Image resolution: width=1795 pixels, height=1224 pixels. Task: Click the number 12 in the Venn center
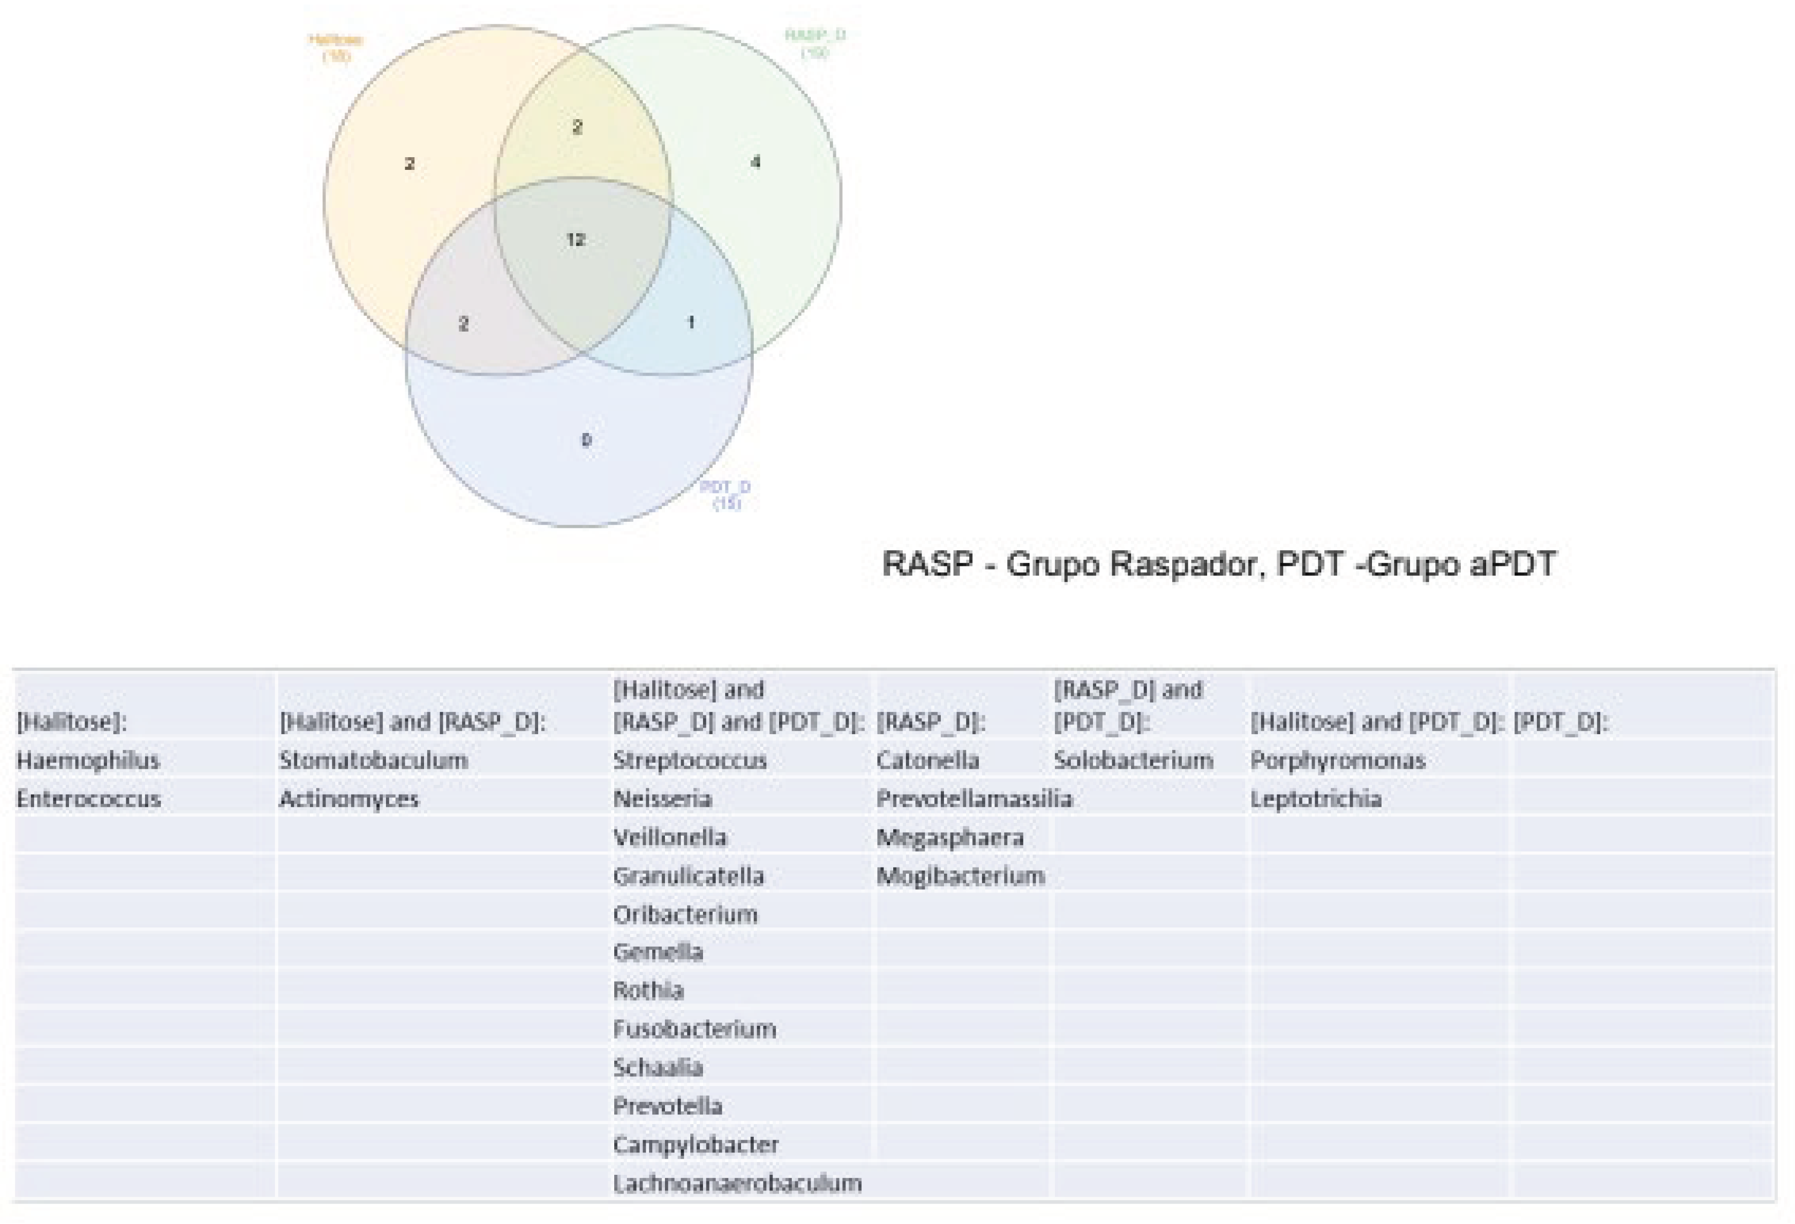tap(575, 240)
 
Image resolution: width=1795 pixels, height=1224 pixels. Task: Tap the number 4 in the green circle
tap(755, 162)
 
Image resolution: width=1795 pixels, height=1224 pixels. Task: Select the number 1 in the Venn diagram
tap(690, 322)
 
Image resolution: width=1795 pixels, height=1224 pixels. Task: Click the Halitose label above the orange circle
tap(336, 46)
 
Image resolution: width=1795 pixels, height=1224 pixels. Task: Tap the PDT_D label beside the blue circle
tap(724, 495)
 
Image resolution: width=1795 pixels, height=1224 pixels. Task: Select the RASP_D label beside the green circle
tap(815, 43)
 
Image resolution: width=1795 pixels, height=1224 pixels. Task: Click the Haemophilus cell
tap(88, 761)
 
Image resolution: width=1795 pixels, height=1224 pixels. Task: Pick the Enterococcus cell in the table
tap(89, 799)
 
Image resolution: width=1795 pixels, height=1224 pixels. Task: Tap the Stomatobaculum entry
tap(374, 761)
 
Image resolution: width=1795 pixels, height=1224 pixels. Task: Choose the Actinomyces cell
tap(349, 799)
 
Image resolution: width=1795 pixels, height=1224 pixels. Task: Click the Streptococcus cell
tap(690, 761)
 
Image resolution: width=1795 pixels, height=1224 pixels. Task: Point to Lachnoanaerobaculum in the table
tap(737, 1183)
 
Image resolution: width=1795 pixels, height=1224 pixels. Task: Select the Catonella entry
tap(928, 761)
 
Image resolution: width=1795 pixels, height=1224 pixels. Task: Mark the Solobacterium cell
tap(1133, 761)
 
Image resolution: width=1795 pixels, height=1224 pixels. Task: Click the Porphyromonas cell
tap(1338, 761)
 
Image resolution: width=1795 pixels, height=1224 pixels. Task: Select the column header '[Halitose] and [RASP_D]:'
tap(412, 722)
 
